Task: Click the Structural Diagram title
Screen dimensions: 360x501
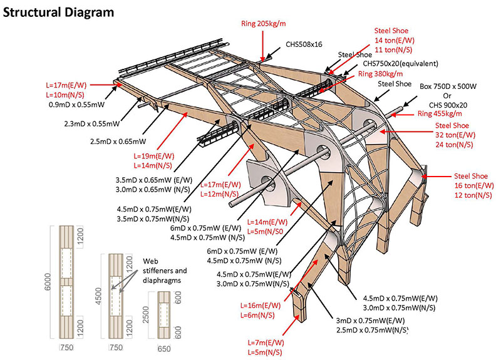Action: coord(59,11)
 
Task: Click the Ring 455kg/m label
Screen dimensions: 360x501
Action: coord(440,113)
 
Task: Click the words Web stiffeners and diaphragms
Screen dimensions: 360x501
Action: coord(165,270)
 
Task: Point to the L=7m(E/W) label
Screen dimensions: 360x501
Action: coord(263,342)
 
